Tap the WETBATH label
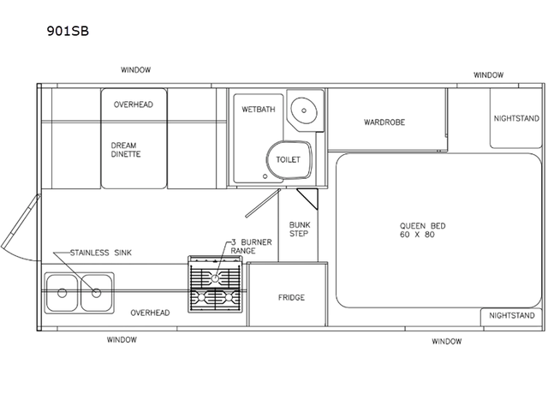pyautogui.click(x=256, y=110)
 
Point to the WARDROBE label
pyautogui.click(x=384, y=122)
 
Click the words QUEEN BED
pyautogui.click(x=422, y=225)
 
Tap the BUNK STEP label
pyautogui.click(x=299, y=229)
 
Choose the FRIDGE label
pyautogui.click(x=291, y=298)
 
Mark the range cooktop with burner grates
pyautogui.click(x=217, y=287)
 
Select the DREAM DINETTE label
pyautogui.click(x=125, y=150)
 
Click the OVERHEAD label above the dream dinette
pyautogui.click(x=134, y=104)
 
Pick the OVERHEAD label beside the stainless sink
pyautogui.click(x=150, y=313)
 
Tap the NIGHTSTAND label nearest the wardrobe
pyautogui.click(x=516, y=118)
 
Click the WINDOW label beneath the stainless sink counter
pyautogui.click(x=122, y=340)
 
